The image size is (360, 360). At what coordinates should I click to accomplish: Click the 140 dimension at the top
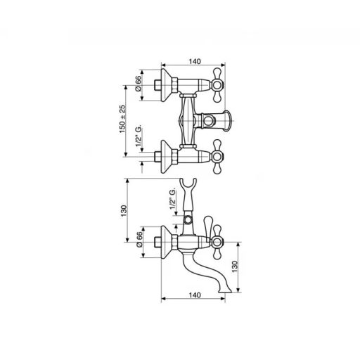[195, 61]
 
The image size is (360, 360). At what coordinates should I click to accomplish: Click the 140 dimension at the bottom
[195, 295]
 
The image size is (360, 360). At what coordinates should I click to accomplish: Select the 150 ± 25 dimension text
[122, 119]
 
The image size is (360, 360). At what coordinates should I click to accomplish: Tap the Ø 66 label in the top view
[139, 84]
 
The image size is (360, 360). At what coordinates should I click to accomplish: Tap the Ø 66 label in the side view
[139, 239]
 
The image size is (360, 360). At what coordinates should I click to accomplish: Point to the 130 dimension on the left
[124, 210]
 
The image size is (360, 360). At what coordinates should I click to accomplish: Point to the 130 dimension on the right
[235, 266]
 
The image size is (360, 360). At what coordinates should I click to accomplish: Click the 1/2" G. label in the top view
[139, 136]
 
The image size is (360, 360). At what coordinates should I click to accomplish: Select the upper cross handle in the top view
[217, 85]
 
